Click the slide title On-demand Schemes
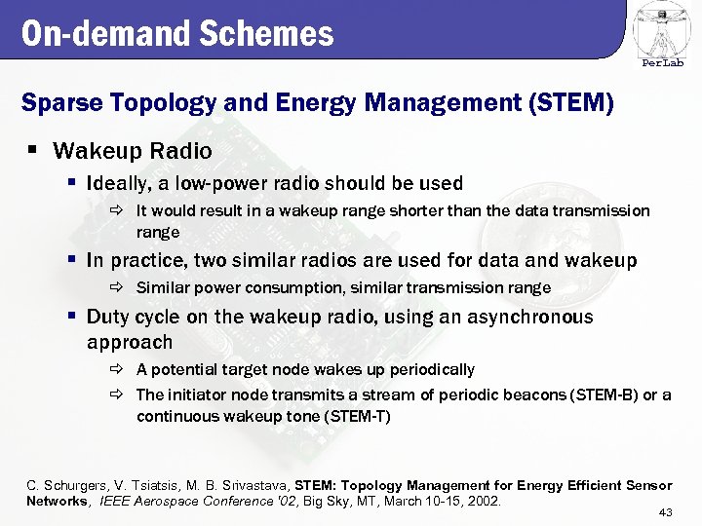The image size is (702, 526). coord(177,34)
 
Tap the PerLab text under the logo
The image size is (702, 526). coord(662,63)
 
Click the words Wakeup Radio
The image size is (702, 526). coord(133,151)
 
